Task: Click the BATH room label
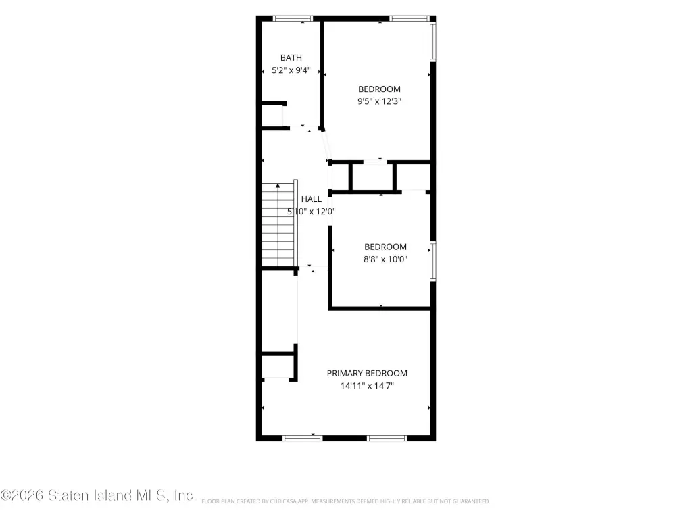click(x=291, y=58)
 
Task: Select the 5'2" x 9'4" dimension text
click(x=291, y=70)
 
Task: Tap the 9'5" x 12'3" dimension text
click(x=380, y=101)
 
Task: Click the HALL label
click(x=312, y=199)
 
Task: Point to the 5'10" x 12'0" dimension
click(x=312, y=212)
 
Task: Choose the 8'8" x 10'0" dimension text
click(x=386, y=259)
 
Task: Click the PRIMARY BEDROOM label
click(x=367, y=373)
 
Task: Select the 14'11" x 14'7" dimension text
click(x=367, y=386)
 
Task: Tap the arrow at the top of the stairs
click(x=278, y=186)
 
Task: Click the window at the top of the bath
click(x=293, y=18)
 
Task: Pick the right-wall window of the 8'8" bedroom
click(x=433, y=262)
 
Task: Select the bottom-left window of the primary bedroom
click(x=303, y=438)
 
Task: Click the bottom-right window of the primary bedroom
click(x=387, y=438)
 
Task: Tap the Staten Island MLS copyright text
click(x=98, y=495)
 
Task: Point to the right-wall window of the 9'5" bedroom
click(x=433, y=41)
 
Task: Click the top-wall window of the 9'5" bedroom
click(x=410, y=18)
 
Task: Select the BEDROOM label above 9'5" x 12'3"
click(x=380, y=89)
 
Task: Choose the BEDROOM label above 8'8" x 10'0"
click(x=386, y=247)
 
